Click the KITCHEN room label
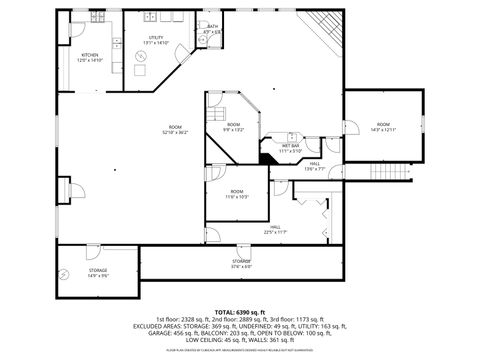90,55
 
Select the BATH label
212,27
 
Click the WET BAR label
290,146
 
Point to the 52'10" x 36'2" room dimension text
175,132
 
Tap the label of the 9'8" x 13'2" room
233,126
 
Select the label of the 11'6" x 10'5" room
237,193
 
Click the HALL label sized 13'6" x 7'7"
314,166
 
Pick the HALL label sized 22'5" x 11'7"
274,229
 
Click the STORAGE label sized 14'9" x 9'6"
97,272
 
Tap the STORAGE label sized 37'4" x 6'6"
242,263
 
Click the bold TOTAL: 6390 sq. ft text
239,313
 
